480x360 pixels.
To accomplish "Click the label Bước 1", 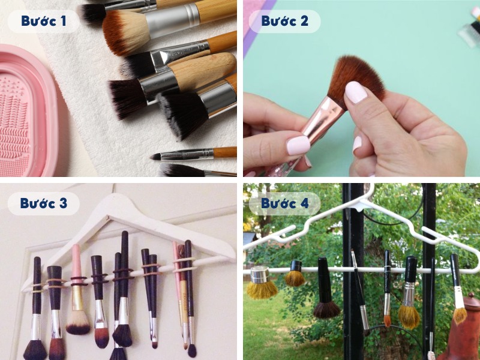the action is point(43,21).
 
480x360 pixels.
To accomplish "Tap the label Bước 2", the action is point(284,21).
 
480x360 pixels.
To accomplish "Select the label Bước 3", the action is point(43,203).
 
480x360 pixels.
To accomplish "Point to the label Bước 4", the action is point(284,203).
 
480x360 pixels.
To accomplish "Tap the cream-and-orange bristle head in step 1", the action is point(125,32).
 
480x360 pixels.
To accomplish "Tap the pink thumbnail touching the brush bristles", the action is point(356,92).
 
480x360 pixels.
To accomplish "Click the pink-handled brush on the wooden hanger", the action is point(77,289).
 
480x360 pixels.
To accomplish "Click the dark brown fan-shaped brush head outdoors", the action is point(326,310).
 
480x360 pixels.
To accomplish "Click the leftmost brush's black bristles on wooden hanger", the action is point(35,350).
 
